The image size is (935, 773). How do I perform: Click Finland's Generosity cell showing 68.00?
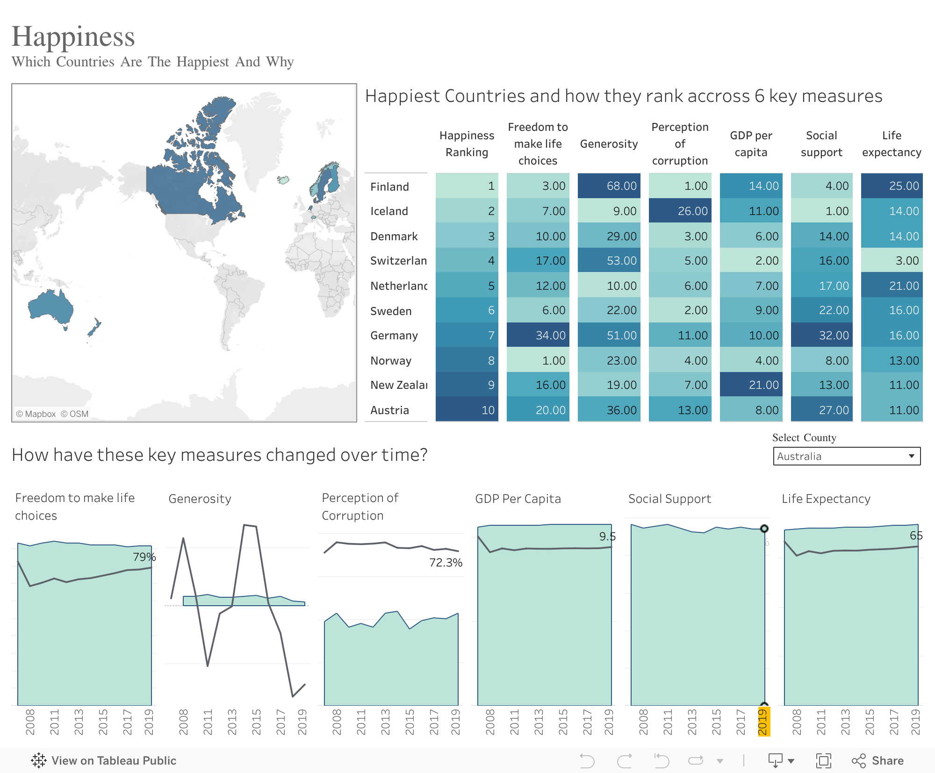pyautogui.click(x=609, y=186)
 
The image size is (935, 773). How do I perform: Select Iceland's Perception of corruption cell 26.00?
pyautogui.click(x=680, y=211)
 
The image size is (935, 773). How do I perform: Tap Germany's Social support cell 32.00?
pyautogui.click(x=821, y=336)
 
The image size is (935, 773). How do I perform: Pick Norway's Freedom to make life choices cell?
pyautogui.click(x=538, y=361)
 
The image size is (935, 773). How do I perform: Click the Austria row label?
pyautogui.click(x=389, y=410)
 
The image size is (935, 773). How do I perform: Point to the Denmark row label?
pyautogui.click(x=394, y=236)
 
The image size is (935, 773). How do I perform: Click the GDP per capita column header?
pyautogui.click(x=751, y=144)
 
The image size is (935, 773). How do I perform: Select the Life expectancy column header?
pyautogui.click(x=892, y=144)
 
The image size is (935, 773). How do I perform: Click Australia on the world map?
pyautogui.click(x=50, y=307)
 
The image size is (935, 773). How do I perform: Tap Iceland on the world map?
pyautogui.click(x=283, y=180)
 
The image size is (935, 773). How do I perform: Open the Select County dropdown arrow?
pyautogui.click(x=911, y=456)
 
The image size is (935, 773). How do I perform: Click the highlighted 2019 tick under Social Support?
pyautogui.click(x=763, y=722)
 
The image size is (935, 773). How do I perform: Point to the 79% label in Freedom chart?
pyautogui.click(x=144, y=557)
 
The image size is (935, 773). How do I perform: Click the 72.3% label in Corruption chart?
pyautogui.click(x=445, y=563)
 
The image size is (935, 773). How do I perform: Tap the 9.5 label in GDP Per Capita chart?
pyautogui.click(x=607, y=537)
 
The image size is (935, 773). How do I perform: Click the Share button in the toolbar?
pyautogui.click(x=878, y=760)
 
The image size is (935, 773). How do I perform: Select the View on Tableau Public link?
pyautogui.click(x=104, y=760)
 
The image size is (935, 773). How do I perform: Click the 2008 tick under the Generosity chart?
pyautogui.click(x=183, y=722)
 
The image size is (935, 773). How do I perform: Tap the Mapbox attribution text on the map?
pyautogui.click(x=36, y=414)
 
